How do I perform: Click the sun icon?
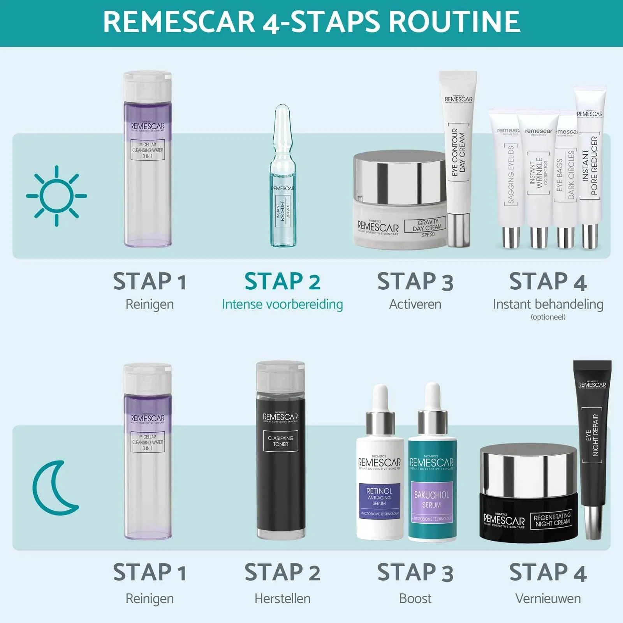56,196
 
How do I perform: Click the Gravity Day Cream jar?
399,202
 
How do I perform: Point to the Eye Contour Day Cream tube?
458,156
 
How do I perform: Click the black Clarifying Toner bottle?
280,452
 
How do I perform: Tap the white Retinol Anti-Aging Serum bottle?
379,479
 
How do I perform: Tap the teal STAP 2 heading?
282,282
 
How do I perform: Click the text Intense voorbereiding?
282,304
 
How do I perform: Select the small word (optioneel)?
548,317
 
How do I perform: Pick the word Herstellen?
282,598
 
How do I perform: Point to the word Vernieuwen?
548,598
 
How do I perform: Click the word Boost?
415,598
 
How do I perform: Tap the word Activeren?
415,304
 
